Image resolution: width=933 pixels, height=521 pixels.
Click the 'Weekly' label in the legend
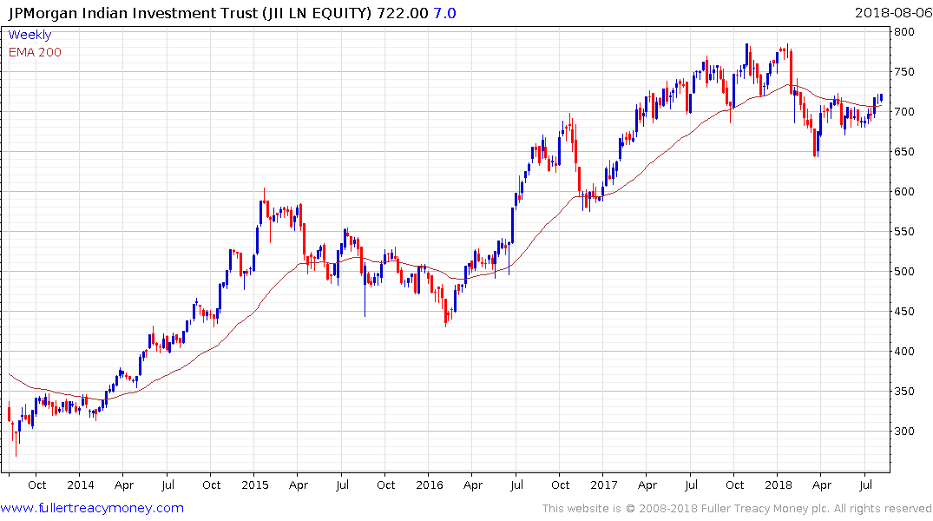(x=30, y=36)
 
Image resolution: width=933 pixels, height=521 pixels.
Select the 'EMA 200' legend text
(x=35, y=52)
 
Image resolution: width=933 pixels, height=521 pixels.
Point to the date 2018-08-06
(x=891, y=13)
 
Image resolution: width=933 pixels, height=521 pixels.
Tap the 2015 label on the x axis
(x=254, y=485)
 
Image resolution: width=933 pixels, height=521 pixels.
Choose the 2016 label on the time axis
(x=430, y=485)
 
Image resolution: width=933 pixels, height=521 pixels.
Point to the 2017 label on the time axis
(x=604, y=485)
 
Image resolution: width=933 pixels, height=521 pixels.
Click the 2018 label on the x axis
(x=779, y=485)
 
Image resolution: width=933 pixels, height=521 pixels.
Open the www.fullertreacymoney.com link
(x=92, y=508)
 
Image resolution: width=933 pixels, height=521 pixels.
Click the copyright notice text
(x=737, y=509)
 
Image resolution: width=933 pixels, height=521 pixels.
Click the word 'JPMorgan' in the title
(x=42, y=13)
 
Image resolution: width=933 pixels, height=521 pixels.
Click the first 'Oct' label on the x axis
(x=36, y=485)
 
